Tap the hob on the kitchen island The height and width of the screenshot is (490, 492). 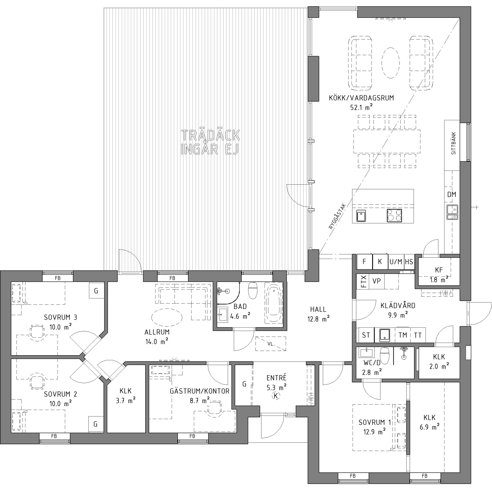tap(394, 215)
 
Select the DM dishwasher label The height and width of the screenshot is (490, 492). tap(452, 194)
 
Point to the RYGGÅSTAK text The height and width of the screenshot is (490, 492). tap(337, 216)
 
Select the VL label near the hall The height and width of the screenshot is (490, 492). tap(270, 344)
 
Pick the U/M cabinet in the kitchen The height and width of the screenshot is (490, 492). tap(396, 262)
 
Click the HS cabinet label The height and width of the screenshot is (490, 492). tap(409, 262)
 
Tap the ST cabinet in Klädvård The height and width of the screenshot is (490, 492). tap(366, 335)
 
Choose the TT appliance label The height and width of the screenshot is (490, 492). tap(417, 335)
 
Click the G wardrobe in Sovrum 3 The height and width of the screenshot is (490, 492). tap(96, 290)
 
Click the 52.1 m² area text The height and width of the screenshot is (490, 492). tap(361, 107)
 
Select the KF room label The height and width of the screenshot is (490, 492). tap(439, 270)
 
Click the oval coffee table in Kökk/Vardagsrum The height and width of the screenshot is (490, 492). tap(390, 63)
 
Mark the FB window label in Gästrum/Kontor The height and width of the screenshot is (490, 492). tap(192, 436)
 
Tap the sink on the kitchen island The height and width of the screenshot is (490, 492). tap(361, 216)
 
